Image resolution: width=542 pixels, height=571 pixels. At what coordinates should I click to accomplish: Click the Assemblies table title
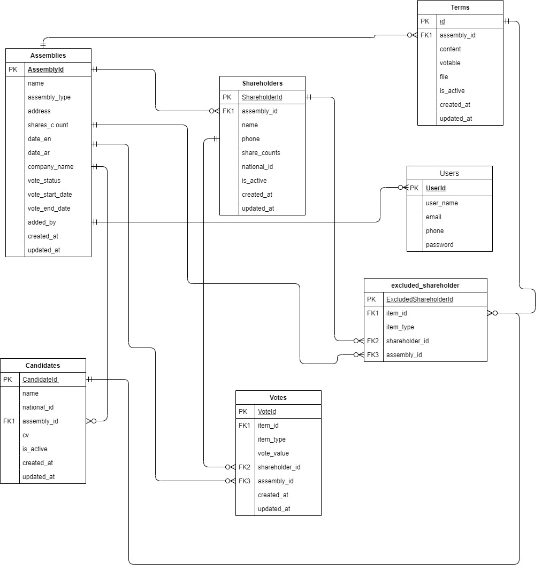point(48,56)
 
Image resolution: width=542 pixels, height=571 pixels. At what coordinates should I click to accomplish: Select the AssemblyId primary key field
point(45,69)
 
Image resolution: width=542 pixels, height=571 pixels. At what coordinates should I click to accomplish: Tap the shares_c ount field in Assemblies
point(48,125)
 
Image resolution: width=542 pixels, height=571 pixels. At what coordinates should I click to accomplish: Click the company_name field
point(51,166)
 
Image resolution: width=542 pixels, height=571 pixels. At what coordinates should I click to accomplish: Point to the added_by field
point(42,222)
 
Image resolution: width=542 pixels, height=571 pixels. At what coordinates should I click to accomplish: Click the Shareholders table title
point(262,83)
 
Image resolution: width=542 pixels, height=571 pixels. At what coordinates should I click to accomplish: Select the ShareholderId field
point(262,97)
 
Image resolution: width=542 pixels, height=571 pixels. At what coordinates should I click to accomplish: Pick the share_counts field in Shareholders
point(261,152)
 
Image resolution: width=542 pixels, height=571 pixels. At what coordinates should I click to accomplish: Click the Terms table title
point(460,7)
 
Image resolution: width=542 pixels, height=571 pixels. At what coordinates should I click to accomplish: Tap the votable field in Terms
point(450,63)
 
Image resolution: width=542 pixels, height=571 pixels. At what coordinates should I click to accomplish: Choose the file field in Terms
point(444,76)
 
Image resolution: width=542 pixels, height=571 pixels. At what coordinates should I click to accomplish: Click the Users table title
point(449,173)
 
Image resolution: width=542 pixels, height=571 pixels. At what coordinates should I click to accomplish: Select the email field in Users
point(433,217)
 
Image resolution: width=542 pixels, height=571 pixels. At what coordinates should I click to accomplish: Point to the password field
point(440,245)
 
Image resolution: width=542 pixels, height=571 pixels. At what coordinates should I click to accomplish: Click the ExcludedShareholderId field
point(419,299)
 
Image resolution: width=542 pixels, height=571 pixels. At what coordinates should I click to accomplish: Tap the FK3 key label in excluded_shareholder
point(373,354)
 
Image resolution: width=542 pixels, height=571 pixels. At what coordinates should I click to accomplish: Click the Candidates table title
point(43,366)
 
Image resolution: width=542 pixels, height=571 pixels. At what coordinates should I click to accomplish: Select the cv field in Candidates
point(26,435)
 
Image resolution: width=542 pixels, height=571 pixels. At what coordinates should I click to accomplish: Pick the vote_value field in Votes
point(273,453)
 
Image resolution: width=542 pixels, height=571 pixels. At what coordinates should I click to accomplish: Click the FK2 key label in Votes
point(244,467)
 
